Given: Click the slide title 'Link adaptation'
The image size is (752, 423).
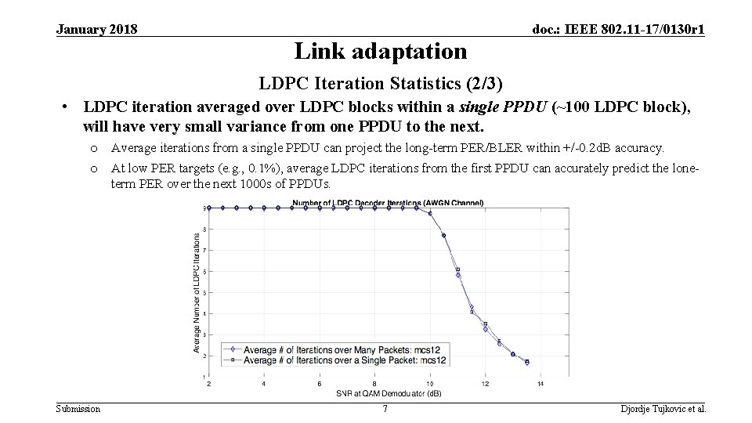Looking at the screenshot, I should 380,52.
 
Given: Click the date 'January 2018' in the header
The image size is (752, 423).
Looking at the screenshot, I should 97,30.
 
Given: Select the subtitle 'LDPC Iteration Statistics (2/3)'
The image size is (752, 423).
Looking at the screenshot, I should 381,83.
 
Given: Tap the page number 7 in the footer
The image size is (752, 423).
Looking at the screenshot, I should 385,409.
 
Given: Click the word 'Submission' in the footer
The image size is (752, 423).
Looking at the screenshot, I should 78,409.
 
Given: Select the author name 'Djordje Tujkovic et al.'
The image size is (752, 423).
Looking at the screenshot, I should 663,409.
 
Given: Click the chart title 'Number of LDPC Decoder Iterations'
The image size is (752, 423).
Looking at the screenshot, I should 388,203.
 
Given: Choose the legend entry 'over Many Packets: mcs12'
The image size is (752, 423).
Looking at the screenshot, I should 345,349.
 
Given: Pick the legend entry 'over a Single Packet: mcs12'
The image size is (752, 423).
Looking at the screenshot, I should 345,360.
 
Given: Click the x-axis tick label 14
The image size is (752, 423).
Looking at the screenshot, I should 540,383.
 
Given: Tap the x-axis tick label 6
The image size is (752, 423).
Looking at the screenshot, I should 319,383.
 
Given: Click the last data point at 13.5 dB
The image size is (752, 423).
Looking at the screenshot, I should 526,363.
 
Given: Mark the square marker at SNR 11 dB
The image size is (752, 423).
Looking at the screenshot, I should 457,269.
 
